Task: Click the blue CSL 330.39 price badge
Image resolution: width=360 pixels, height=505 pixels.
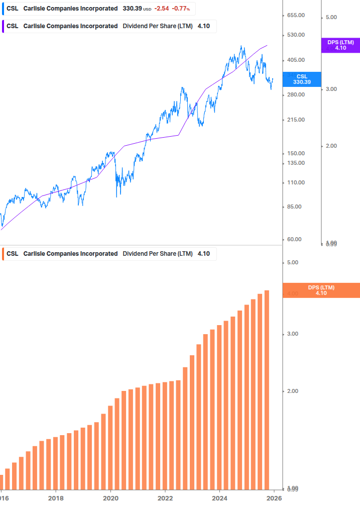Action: tap(302, 79)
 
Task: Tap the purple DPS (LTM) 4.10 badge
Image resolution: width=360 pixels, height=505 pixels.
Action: tap(340, 45)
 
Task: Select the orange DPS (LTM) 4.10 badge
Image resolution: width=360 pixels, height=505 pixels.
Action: tap(321, 290)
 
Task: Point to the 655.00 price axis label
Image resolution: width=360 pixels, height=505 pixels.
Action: tap(296, 16)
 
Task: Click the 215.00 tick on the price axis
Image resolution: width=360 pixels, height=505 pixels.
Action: tap(296, 120)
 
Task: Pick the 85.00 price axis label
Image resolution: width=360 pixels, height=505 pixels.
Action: tap(296, 207)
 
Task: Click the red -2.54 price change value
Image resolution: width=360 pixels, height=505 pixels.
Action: tap(162, 9)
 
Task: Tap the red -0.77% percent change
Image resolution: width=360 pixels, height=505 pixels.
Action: tap(181, 9)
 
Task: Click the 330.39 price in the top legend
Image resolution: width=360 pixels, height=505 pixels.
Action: tap(133, 9)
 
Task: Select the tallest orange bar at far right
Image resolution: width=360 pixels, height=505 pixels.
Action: tap(267, 390)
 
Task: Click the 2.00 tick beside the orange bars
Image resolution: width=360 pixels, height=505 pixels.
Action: tap(292, 391)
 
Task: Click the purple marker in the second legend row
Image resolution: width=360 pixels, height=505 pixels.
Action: tap(4, 26)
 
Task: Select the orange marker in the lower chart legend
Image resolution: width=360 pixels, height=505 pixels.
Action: tap(4, 254)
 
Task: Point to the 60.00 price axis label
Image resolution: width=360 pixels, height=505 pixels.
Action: tap(296, 239)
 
